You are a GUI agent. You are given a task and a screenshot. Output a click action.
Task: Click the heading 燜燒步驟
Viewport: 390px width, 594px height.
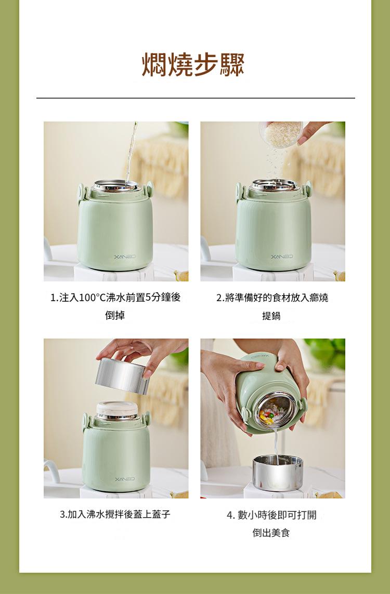(193, 65)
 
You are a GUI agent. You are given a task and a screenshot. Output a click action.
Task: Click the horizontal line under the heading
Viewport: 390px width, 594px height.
(196, 98)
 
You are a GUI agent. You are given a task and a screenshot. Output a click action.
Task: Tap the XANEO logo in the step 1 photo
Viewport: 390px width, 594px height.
(124, 257)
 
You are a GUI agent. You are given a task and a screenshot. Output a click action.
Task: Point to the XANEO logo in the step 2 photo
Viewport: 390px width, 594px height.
(282, 256)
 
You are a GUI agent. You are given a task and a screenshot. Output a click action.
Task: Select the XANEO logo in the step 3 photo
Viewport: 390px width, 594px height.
(124, 479)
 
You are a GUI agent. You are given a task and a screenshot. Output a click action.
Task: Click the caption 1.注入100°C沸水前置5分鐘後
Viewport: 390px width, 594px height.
(115, 298)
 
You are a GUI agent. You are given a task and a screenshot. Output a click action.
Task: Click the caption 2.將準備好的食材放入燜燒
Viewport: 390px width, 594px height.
(272, 298)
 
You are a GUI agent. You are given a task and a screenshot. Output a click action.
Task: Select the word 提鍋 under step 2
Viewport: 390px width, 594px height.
(271, 316)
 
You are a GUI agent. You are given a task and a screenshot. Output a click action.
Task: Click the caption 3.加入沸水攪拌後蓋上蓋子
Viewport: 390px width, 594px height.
(115, 515)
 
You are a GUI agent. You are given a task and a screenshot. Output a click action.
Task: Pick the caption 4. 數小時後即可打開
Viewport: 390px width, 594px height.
(271, 515)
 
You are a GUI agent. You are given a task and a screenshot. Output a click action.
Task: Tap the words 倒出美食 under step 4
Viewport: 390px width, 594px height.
(271, 533)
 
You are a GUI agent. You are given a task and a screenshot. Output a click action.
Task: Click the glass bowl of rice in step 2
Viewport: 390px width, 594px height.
(281, 134)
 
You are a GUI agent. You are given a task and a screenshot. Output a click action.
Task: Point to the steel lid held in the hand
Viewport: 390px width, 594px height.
(122, 376)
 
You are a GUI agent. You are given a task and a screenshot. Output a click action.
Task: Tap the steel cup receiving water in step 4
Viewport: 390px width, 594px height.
(278, 473)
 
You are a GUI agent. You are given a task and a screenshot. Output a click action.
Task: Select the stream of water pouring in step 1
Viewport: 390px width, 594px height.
(131, 153)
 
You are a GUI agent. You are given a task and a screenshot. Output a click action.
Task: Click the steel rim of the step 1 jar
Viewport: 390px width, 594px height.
(116, 186)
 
